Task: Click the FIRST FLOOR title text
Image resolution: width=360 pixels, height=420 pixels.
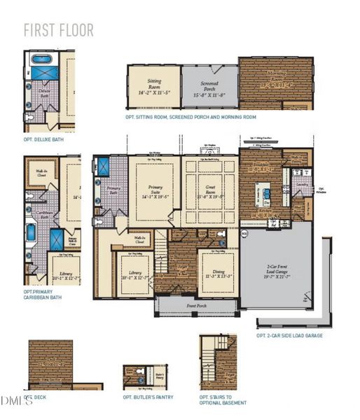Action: click(58, 31)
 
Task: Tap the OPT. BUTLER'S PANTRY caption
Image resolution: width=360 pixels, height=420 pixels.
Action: click(148, 397)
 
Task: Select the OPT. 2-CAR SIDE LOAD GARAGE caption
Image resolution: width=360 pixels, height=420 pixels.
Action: click(289, 335)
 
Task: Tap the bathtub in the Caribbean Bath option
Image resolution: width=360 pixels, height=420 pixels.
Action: click(31, 232)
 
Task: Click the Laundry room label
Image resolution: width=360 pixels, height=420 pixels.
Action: click(302, 185)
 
